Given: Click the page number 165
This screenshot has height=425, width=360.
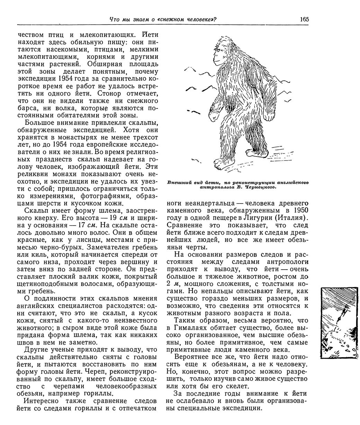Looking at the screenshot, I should point(304,19).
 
